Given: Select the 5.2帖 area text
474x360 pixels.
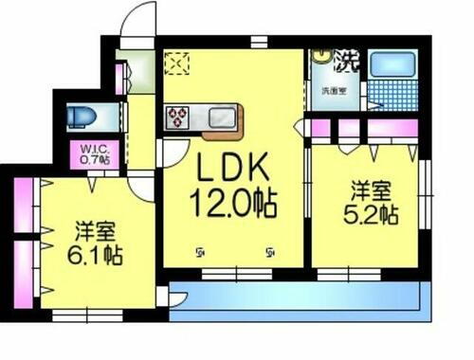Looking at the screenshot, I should (371, 216).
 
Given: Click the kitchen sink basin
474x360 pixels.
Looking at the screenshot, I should (220, 117).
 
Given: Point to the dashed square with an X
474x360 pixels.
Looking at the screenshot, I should (177, 63).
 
